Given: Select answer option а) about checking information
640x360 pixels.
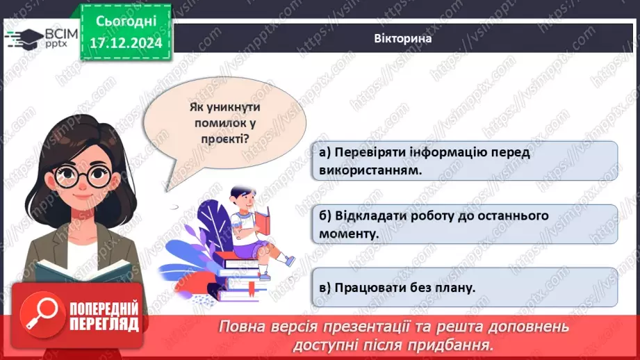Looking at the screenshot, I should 464,161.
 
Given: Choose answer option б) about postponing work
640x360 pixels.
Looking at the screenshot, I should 464,224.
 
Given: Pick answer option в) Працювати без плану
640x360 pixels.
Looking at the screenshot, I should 464,287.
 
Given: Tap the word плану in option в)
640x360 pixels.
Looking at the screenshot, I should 454,287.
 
